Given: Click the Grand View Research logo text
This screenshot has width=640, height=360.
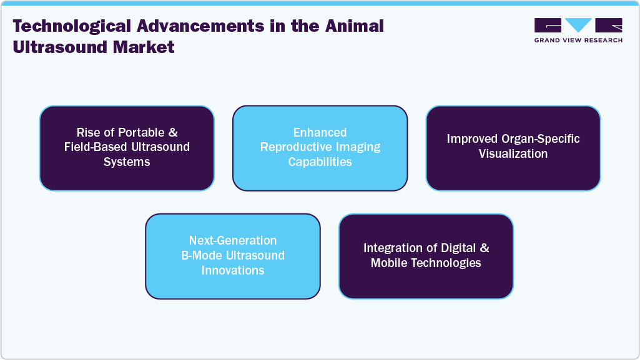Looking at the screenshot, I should click(578, 40).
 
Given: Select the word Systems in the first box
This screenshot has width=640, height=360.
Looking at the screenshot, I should click(127, 162).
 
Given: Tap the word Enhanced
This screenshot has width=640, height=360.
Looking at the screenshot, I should click(320, 133).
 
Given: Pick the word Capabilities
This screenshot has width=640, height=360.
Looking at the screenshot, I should click(320, 162).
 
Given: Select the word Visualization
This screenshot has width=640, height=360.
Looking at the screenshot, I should click(513, 153).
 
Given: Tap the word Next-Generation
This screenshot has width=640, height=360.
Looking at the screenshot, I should click(232, 241).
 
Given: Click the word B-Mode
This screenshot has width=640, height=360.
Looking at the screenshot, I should click(202, 255).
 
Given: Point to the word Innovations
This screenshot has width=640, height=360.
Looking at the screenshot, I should click(232, 270).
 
